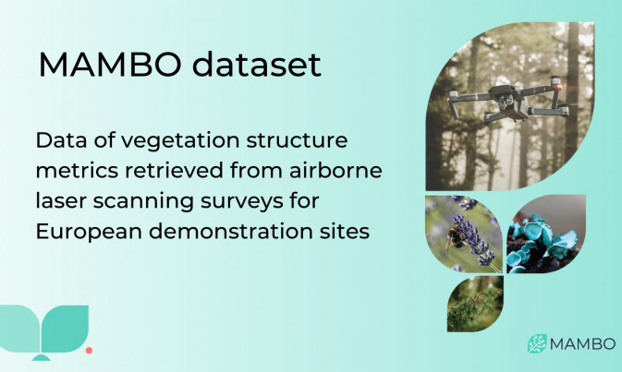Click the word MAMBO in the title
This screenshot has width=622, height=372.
(110, 65)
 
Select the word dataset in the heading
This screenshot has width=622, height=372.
(257, 65)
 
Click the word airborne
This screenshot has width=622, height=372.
(335, 171)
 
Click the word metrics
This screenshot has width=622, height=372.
(77, 171)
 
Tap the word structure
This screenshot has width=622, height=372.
(297, 140)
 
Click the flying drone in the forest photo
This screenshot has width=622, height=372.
(509, 99)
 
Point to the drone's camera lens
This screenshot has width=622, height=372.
(503, 103)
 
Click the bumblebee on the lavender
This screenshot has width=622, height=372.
(454, 238)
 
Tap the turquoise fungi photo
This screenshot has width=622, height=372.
(545, 234)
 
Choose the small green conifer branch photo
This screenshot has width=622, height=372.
(475, 305)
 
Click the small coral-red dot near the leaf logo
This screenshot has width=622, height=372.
(90, 350)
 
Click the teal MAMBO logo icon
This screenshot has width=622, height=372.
(537, 343)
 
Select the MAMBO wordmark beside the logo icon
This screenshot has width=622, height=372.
(583, 344)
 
